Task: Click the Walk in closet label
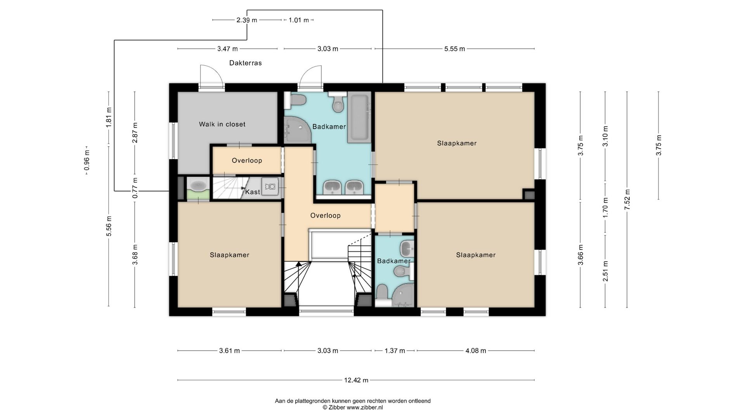(222, 124)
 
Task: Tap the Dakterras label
(245, 63)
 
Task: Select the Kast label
(253, 192)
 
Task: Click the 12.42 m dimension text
(356, 380)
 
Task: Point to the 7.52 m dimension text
(627, 199)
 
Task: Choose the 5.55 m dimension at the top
(455, 49)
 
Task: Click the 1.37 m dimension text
(395, 351)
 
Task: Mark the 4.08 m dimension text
(476, 351)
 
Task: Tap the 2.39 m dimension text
(247, 20)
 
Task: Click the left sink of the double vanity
(332, 187)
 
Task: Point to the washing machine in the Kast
(270, 187)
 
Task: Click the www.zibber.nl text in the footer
(365, 407)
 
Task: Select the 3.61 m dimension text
(229, 351)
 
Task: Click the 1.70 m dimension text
(605, 208)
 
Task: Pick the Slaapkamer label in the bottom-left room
(229, 255)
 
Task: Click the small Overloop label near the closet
(247, 161)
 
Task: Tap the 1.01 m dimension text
(299, 20)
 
